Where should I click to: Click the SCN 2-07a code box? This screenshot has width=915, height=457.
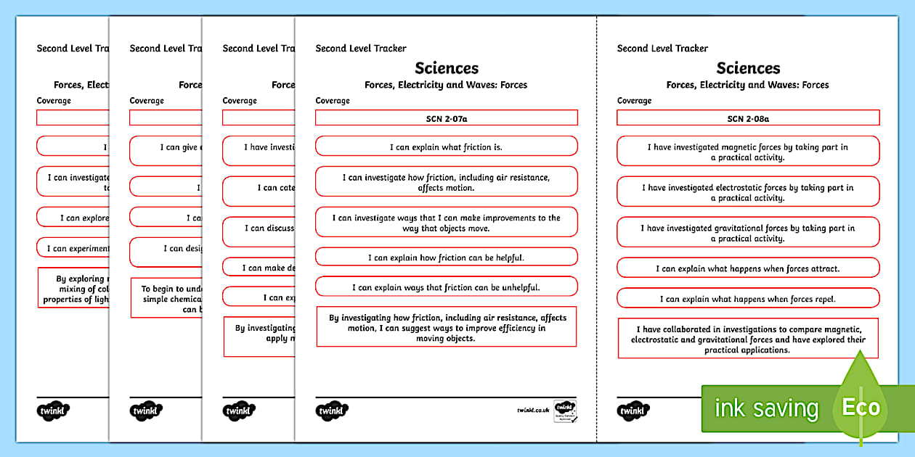tap(446, 118)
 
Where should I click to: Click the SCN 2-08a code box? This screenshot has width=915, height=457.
tap(748, 118)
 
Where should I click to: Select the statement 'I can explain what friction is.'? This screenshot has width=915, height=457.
tap(446, 147)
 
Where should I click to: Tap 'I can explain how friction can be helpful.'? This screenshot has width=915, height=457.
tap(446, 257)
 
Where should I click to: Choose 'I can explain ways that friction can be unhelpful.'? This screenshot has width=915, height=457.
tap(446, 287)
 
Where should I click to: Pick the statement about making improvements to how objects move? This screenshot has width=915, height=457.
tap(446, 223)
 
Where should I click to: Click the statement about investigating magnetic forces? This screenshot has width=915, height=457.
tap(748, 152)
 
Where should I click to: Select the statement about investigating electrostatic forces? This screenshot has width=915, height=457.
tap(748, 192)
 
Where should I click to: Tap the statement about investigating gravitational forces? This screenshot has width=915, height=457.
tap(748, 233)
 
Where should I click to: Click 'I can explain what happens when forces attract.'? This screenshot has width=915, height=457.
tap(748, 268)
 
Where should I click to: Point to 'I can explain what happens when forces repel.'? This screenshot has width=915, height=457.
tap(748, 298)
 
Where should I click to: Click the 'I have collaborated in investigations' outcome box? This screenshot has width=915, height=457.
tap(748, 339)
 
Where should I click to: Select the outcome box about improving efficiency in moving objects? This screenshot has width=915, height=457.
tap(446, 327)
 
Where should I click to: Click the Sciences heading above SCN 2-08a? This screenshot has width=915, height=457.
tap(748, 68)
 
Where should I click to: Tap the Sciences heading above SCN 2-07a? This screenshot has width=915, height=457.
tap(447, 68)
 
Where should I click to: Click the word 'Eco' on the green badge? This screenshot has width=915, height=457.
tap(861, 407)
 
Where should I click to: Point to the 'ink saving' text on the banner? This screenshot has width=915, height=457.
tap(766, 408)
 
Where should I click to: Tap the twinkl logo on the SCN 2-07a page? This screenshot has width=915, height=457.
tap(333, 411)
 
